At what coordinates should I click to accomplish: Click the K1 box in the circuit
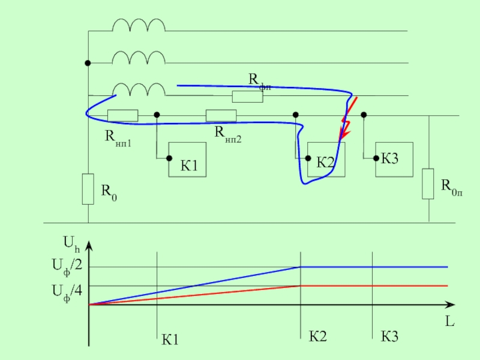187,160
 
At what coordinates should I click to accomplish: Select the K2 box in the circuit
326,160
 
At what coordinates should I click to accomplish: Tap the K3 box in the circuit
394,160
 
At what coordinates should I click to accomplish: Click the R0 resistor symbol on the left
88,189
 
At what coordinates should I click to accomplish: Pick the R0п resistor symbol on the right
428,184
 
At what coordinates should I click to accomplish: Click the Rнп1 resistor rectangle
122,115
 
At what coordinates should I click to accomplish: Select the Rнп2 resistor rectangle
221,115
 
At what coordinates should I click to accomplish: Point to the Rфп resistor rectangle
247,96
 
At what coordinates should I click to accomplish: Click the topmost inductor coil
139,25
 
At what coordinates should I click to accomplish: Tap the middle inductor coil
139,58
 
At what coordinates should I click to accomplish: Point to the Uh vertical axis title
71,243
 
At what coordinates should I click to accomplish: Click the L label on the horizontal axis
449,322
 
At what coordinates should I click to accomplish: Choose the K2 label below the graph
317,337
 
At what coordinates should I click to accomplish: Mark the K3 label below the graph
389,337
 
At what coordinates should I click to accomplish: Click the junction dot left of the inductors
88,63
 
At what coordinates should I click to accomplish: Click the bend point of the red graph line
301,286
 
